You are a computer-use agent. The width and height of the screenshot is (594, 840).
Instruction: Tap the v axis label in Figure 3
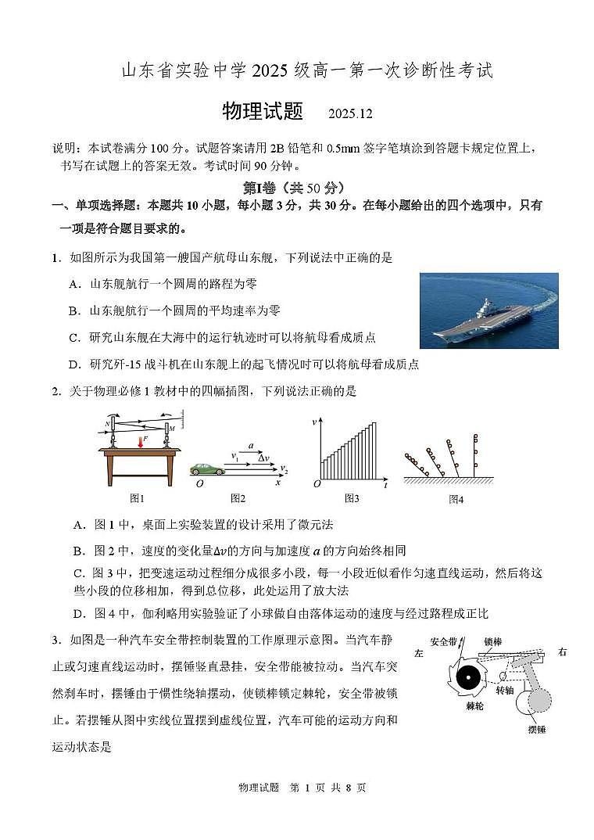tap(315, 422)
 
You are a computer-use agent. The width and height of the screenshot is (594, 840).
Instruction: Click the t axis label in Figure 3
tap(385, 486)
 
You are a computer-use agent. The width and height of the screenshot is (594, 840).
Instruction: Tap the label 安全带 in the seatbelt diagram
tap(443, 641)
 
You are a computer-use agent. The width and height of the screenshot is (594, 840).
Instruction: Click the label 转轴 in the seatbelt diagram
tap(505, 691)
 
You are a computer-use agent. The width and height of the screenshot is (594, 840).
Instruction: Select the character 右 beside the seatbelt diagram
tap(563, 652)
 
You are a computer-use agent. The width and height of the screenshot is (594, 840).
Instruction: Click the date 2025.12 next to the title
tap(350, 113)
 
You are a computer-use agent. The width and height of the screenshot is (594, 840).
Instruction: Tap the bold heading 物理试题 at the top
tap(263, 112)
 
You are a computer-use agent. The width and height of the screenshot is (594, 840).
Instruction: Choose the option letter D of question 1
tap(75, 364)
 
